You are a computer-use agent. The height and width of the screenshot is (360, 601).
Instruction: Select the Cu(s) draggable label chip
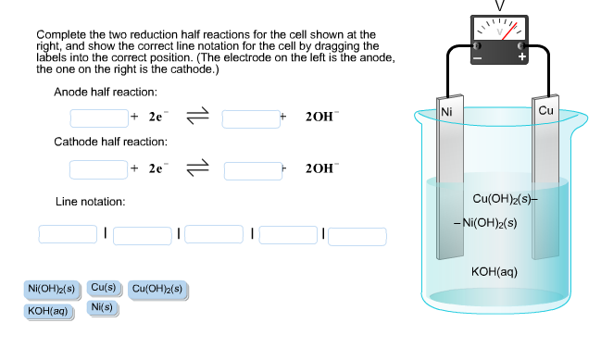[103, 289]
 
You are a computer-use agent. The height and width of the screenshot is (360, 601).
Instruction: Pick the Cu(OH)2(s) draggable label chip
[158, 290]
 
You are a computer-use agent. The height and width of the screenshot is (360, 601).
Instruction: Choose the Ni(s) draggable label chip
[102, 307]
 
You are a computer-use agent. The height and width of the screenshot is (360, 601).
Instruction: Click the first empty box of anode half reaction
[98, 118]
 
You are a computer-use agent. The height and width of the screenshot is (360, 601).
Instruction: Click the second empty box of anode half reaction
[250, 118]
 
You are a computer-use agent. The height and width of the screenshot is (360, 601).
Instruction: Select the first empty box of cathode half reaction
[98, 169]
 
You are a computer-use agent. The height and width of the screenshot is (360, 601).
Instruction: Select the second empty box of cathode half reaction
[252, 169]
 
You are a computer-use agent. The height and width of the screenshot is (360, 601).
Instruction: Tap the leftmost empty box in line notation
[68, 234]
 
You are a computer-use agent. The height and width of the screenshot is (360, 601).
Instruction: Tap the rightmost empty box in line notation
[357, 236]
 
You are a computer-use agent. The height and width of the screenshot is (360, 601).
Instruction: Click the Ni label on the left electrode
[447, 111]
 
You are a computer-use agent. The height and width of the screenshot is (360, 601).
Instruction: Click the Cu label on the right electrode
[545, 111]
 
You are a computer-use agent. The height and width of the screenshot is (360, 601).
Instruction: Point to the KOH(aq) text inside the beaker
[494, 271]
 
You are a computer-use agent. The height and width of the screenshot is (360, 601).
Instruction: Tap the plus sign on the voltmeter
[522, 57]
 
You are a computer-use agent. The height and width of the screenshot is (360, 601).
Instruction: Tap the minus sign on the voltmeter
[478, 57]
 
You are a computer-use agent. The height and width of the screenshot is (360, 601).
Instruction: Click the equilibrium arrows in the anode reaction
[197, 118]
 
